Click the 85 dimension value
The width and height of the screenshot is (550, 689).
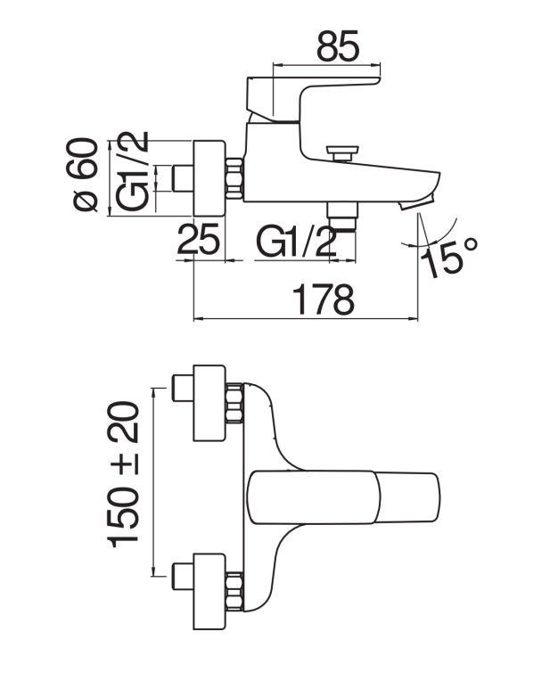click(338, 45)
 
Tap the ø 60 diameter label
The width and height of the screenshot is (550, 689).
click(82, 175)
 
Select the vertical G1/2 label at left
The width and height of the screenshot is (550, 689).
click(132, 171)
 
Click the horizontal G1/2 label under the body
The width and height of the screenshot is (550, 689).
click(296, 241)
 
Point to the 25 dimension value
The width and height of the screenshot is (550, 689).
click(198, 239)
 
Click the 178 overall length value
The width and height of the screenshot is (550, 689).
click(324, 299)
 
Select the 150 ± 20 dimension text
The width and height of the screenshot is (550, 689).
click(123, 474)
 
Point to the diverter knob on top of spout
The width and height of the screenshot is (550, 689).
click(342, 154)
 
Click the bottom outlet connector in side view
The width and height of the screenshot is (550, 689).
click(341, 217)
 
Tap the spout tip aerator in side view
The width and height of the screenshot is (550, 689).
click(417, 202)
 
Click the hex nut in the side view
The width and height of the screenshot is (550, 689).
click(234, 178)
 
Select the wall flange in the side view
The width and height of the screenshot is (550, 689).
click(209, 178)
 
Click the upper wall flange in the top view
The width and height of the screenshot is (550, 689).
click(209, 403)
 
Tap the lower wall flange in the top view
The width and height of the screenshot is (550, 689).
click(209, 592)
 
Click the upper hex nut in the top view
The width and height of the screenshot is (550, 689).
click(234, 403)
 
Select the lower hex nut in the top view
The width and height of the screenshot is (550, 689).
click(234, 592)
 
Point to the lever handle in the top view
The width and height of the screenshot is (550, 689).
click(344, 497)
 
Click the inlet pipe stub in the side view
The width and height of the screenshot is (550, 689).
click(184, 178)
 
